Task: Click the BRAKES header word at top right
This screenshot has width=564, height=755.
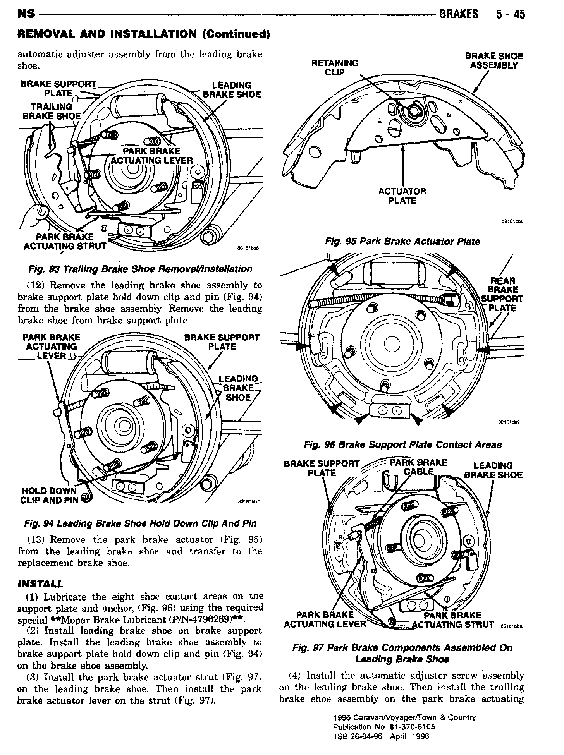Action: point(459,14)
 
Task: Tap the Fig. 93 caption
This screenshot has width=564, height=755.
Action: point(141,269)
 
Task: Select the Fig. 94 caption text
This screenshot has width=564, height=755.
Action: point(140,523)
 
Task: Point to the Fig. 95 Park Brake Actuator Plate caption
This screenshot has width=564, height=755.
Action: point(402,242)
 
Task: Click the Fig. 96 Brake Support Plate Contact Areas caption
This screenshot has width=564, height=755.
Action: point(402,445)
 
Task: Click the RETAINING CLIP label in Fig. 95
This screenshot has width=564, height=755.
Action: point(335,67)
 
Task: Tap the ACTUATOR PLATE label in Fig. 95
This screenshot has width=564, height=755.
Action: point(402,196)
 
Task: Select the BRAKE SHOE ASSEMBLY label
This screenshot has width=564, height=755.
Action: point(494,61)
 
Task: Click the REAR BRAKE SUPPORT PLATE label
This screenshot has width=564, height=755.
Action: point(502,294)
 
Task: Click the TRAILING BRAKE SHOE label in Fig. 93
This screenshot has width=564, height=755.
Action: point(52,111)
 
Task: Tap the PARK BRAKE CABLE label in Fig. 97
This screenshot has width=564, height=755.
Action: point(418,467)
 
